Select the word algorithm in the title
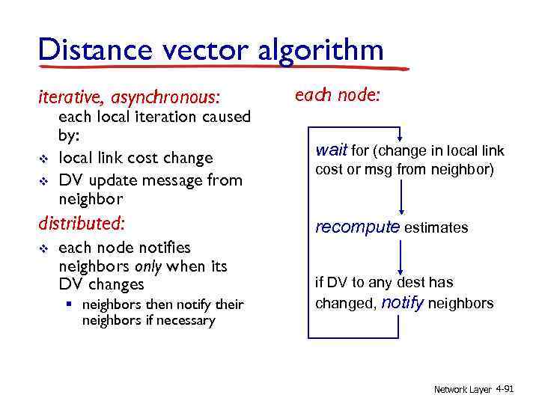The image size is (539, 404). point(321,50)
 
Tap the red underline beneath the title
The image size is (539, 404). point(225,69)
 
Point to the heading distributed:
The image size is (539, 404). point(82,223)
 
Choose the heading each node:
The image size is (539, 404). point(338,95)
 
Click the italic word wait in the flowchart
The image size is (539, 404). point(332,151)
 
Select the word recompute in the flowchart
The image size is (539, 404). point(357,227)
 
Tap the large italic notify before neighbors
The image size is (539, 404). point(403,303)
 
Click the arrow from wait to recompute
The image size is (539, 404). point(402,198)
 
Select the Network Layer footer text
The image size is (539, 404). point(463,390)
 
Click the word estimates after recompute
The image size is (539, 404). point(436,228)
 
